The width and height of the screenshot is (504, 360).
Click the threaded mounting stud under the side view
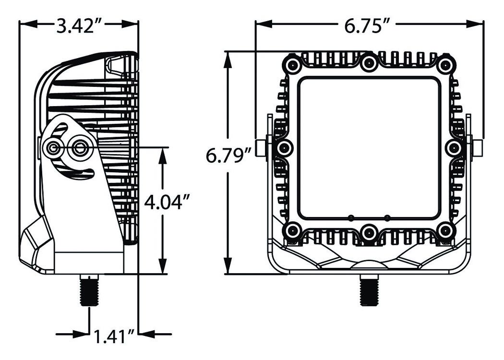click(x=89, y=290)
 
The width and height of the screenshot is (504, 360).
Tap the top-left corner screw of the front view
click(x=292, y=65)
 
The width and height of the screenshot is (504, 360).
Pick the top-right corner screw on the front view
click(x=446, y=65)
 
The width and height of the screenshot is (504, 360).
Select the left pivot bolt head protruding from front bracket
click(x=261, y=148)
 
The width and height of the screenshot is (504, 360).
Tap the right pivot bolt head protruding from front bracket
click(x=477, y=148)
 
